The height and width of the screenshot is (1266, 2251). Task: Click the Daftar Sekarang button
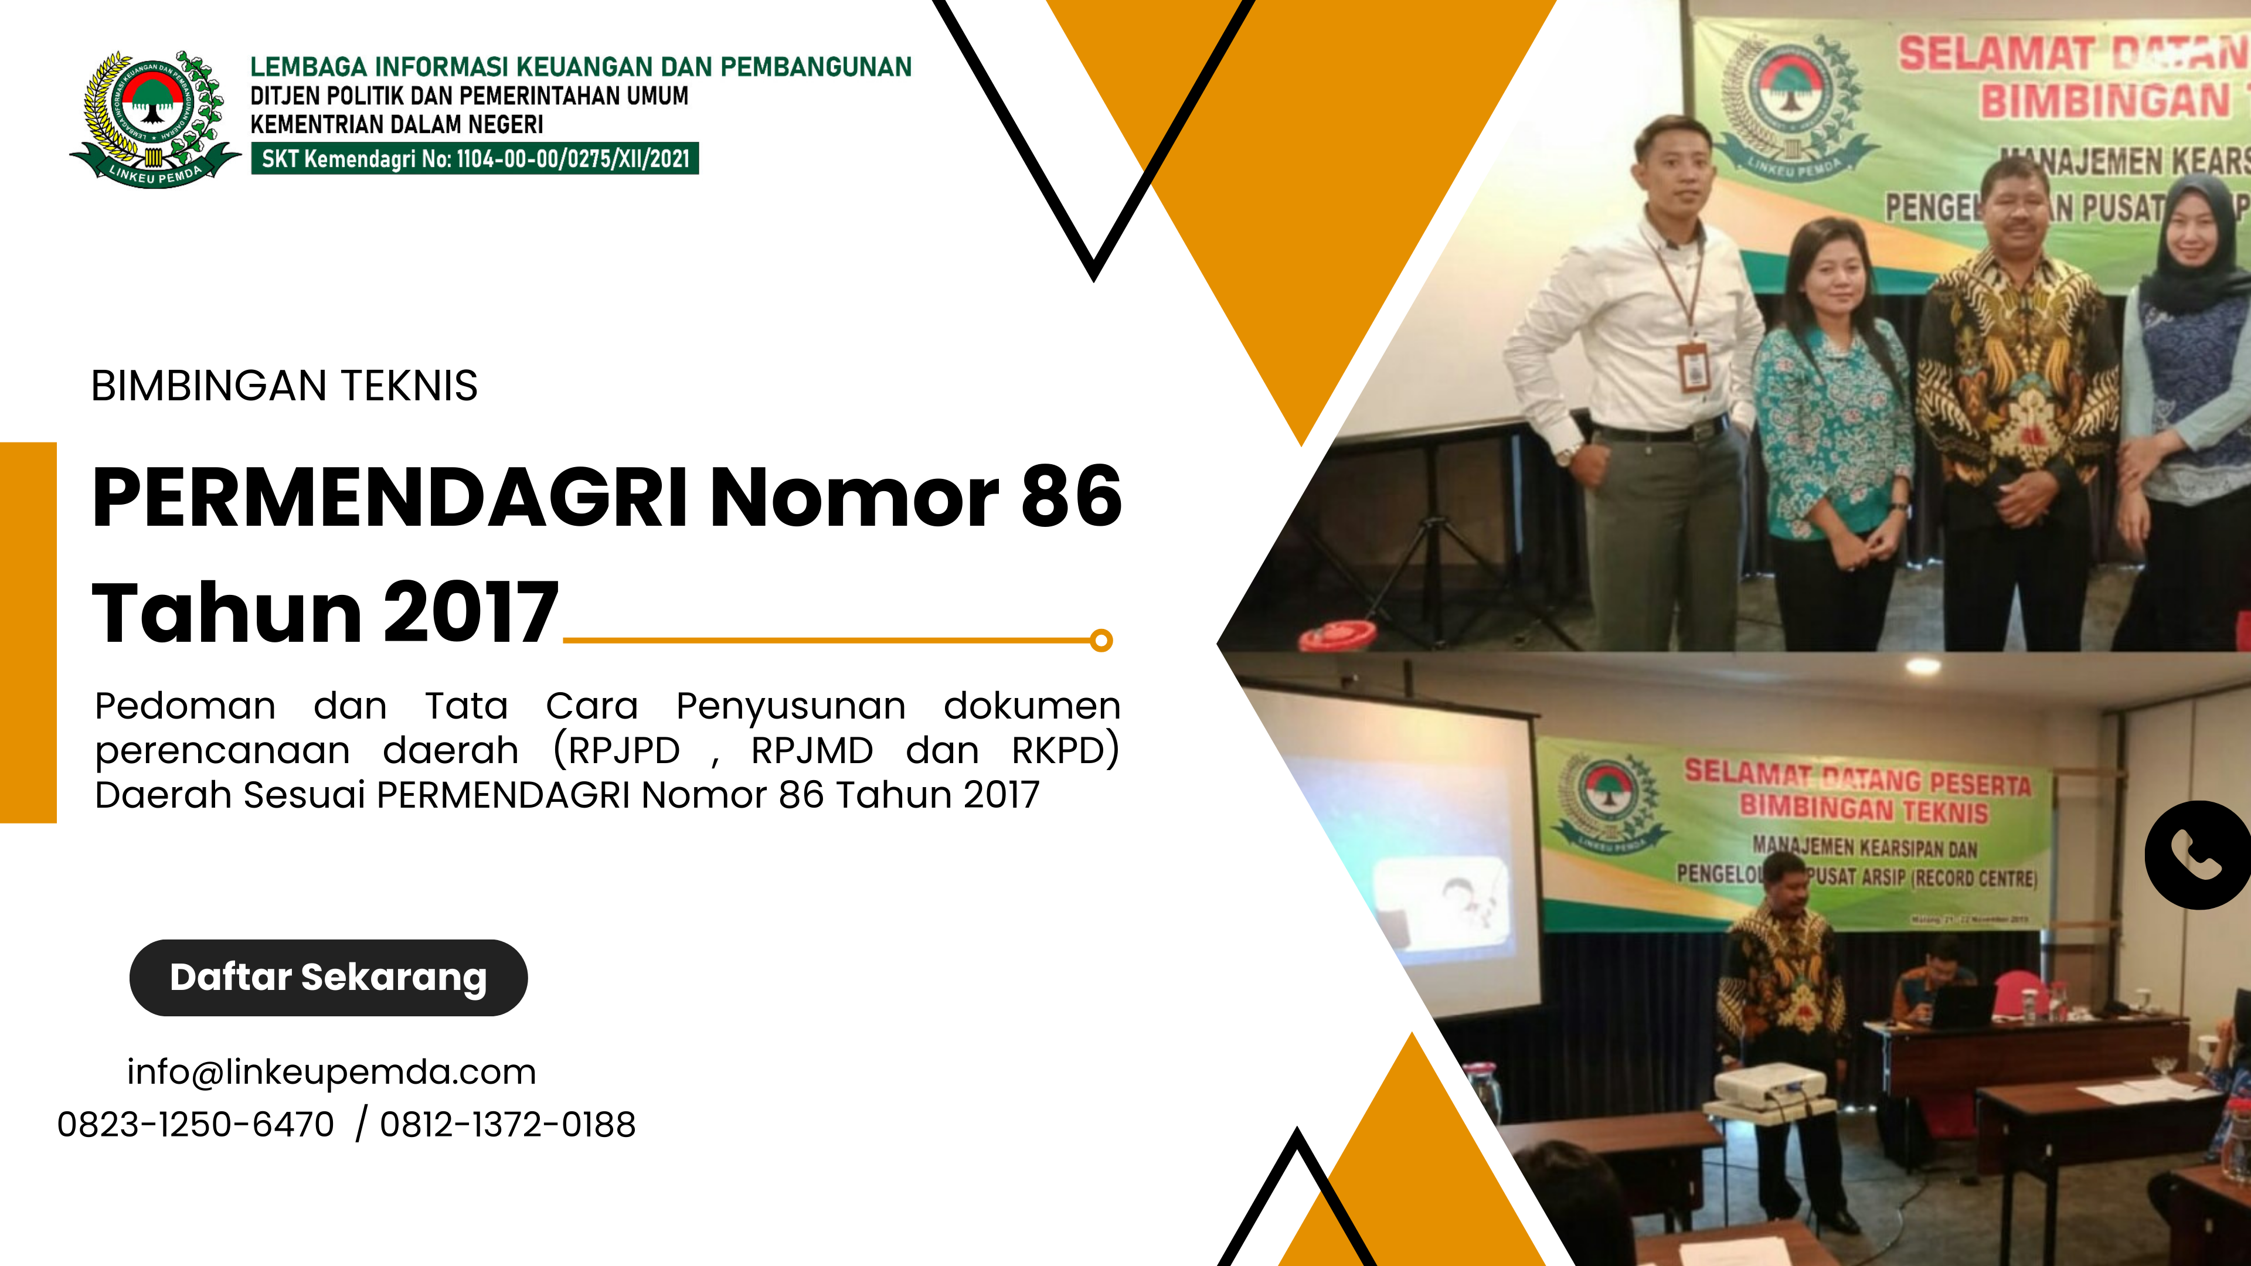click(x=328, y=977)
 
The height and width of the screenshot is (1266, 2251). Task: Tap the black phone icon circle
click(x=2199, y=855)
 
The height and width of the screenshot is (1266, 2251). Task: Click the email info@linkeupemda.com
click(x=331, y=1072)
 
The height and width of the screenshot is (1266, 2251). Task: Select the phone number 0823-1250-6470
click(x=196, y=1125)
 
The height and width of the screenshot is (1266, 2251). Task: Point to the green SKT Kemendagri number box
click(x=474, y=158)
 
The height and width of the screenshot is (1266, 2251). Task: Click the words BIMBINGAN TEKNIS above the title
click(x=284, y=386)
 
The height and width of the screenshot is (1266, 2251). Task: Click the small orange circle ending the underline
click(x=1102, y=641)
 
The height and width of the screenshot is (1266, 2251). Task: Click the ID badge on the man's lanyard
click(x=1694, y=367)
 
